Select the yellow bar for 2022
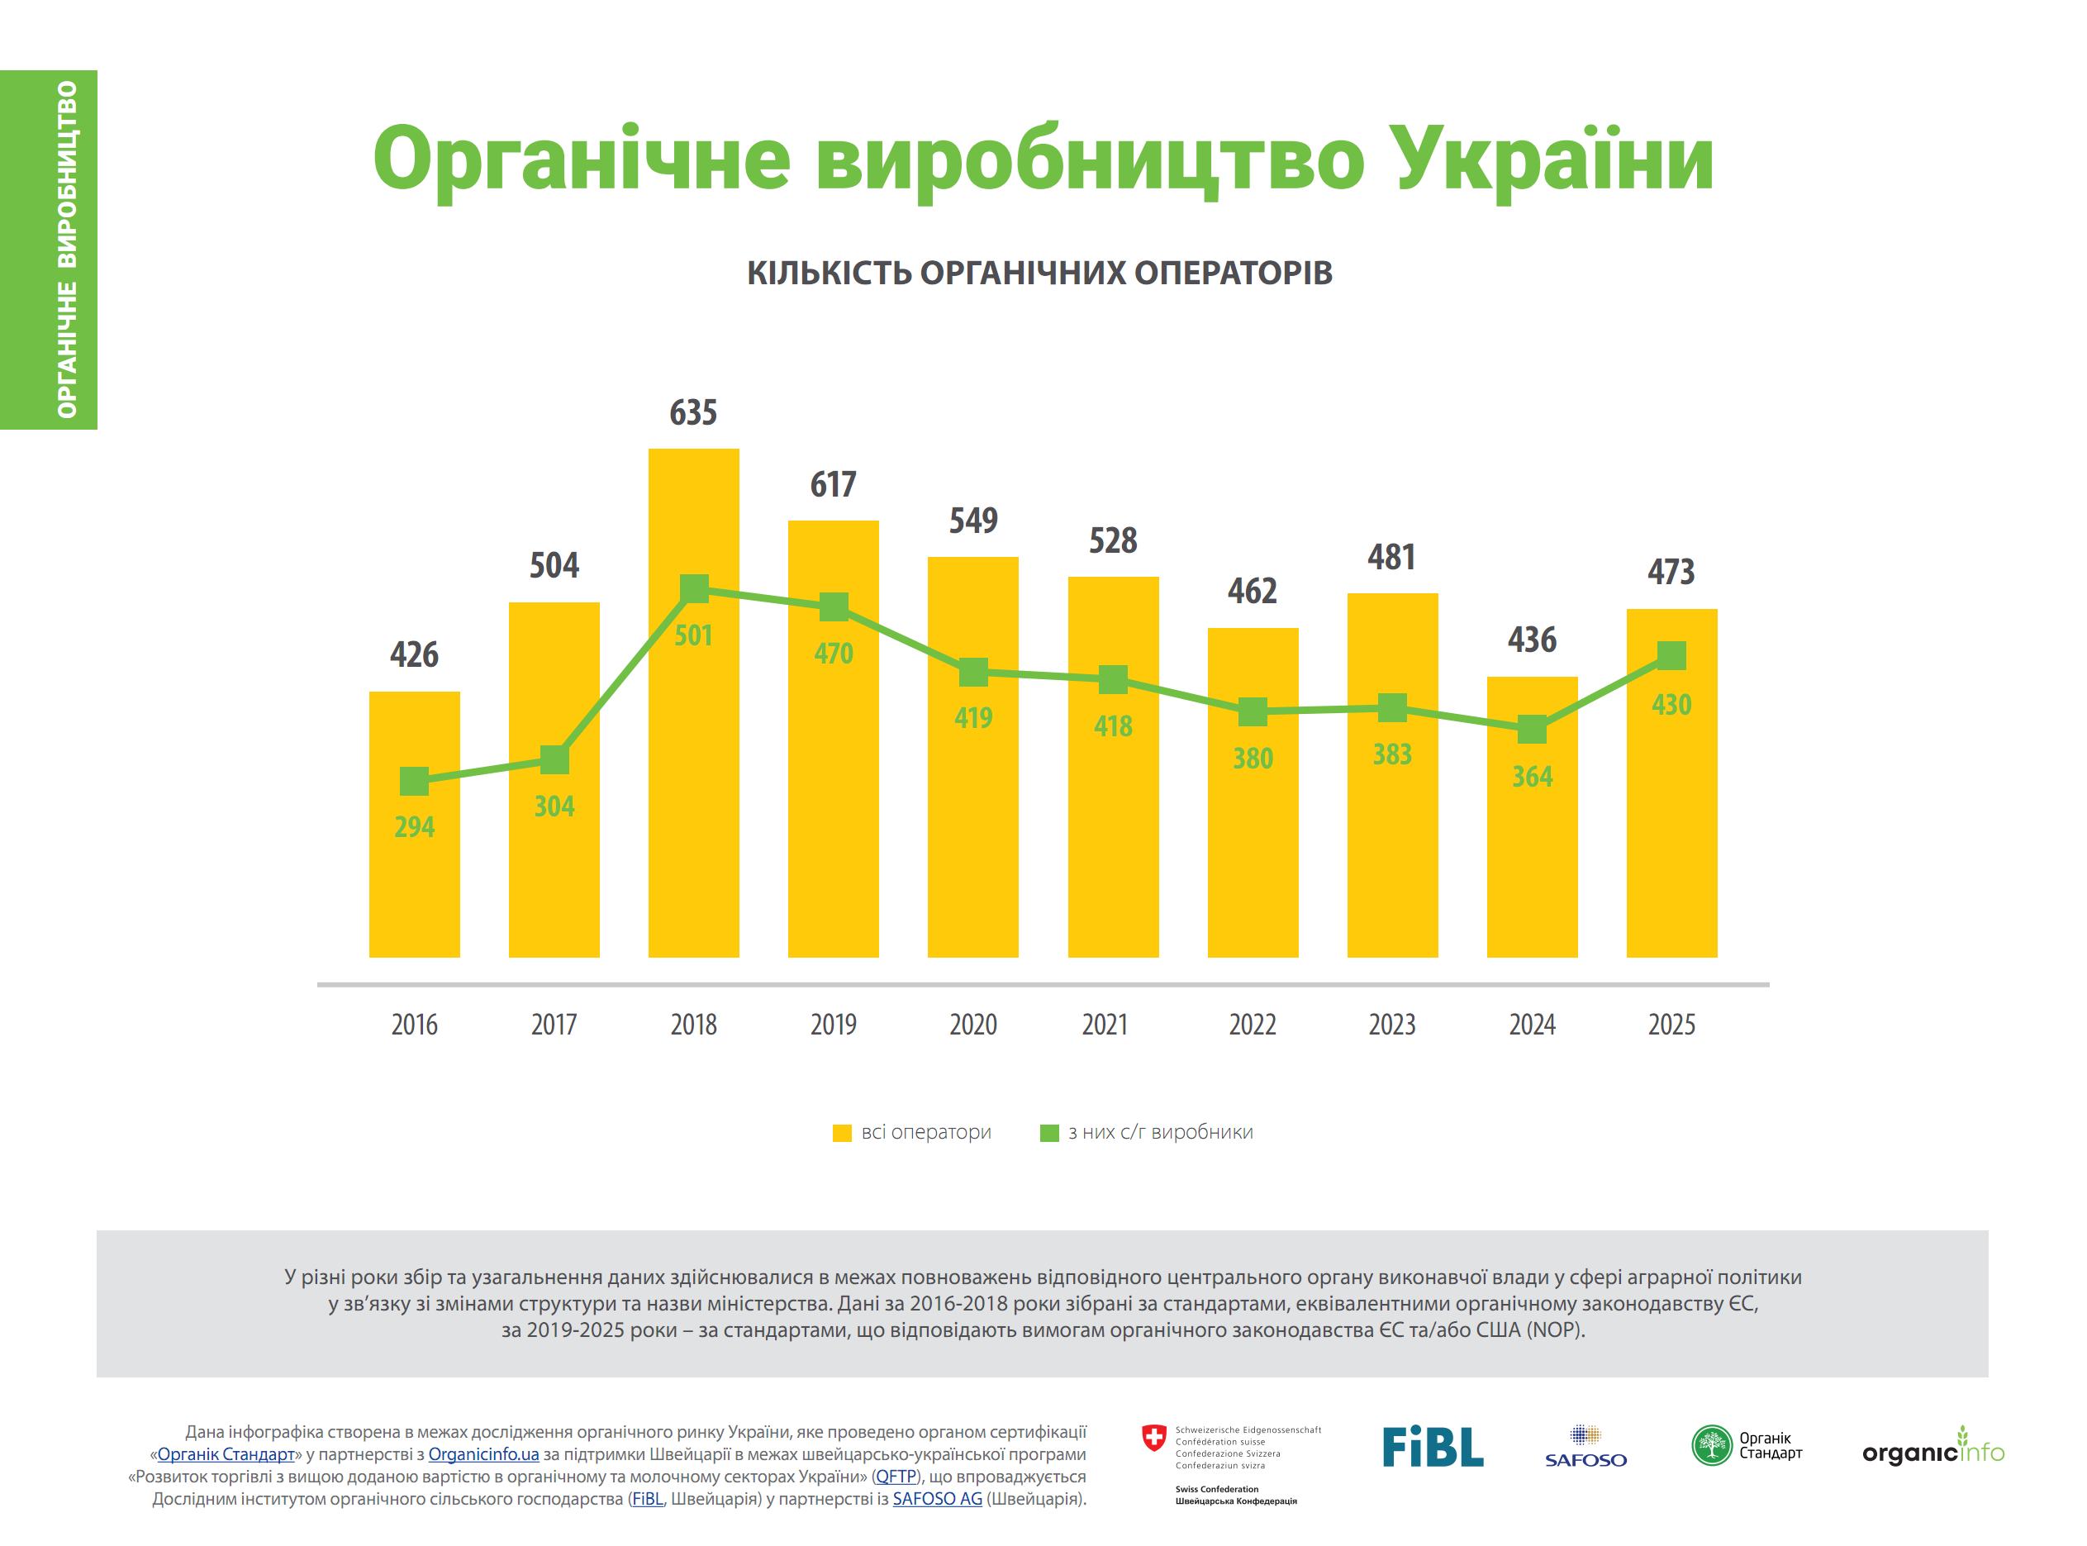1253,792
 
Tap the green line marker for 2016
415,782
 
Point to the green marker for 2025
1671,655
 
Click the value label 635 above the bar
693,412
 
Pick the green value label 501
693,636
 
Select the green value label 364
1533,777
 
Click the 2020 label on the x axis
973,1025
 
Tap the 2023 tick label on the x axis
1392,1025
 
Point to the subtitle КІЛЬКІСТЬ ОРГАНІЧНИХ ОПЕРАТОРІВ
1039,273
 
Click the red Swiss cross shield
1155,1439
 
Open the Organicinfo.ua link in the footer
483,1455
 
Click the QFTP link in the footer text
896,1477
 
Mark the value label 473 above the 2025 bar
1671,572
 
